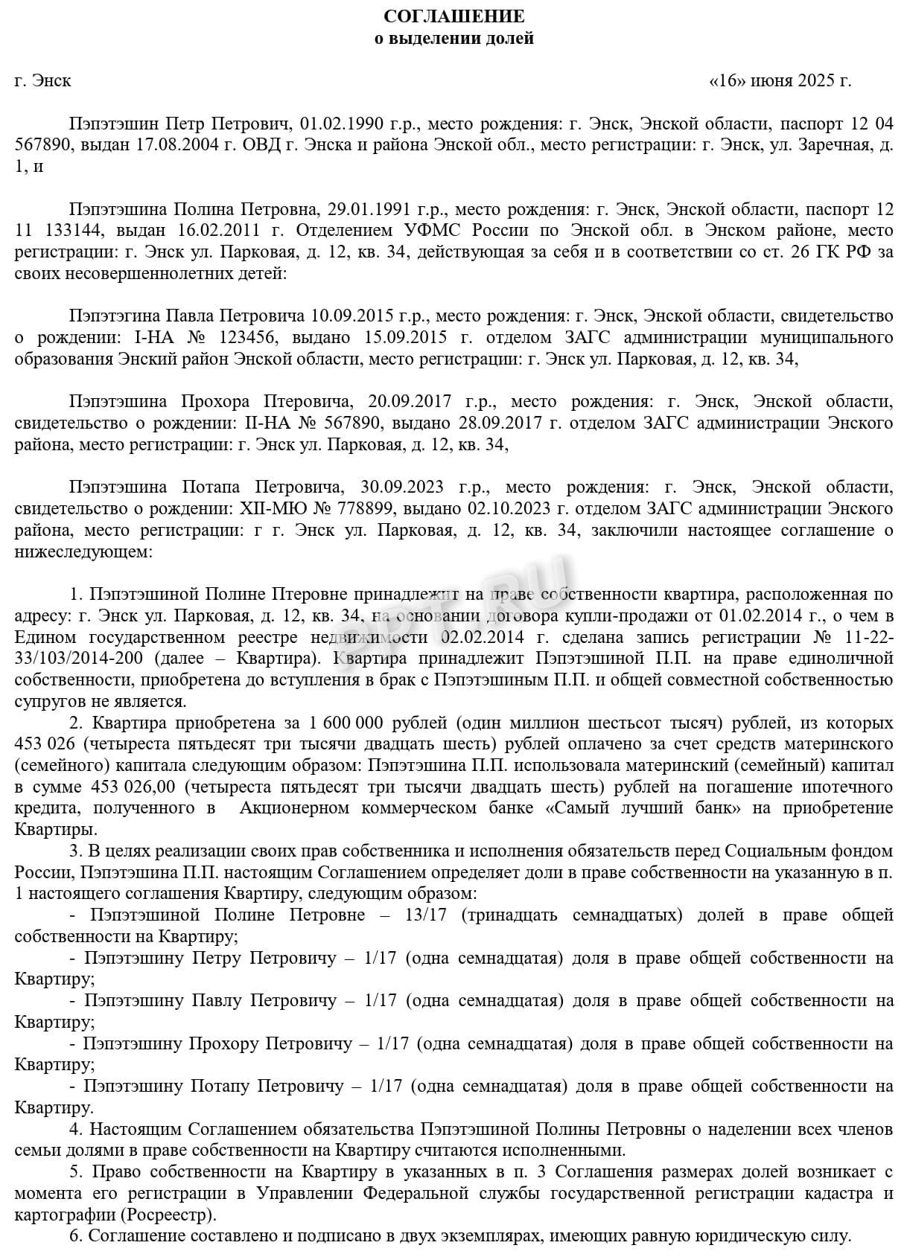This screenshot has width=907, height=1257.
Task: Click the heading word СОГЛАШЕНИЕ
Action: (453, 16)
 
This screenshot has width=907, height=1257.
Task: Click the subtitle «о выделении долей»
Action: (453, 39)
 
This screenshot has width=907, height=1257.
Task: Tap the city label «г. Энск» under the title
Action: (43, 80)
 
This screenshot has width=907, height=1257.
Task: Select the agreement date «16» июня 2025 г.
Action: (780, 80)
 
